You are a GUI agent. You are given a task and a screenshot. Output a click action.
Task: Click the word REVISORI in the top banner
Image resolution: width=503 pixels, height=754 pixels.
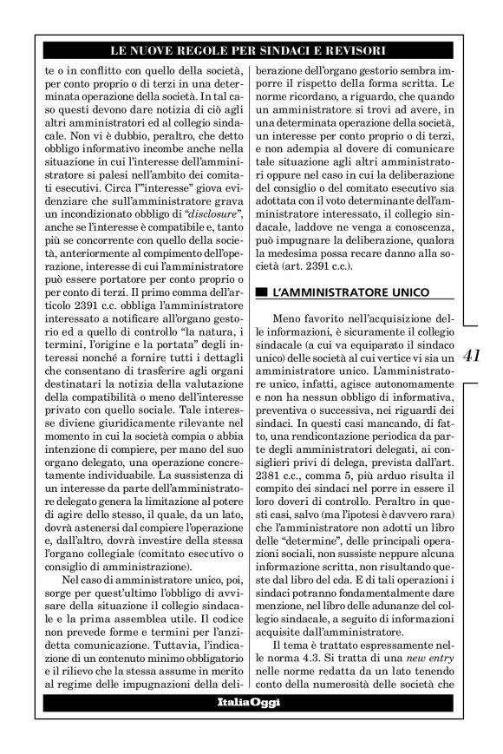pyautogui.click(x=349, y=51)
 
